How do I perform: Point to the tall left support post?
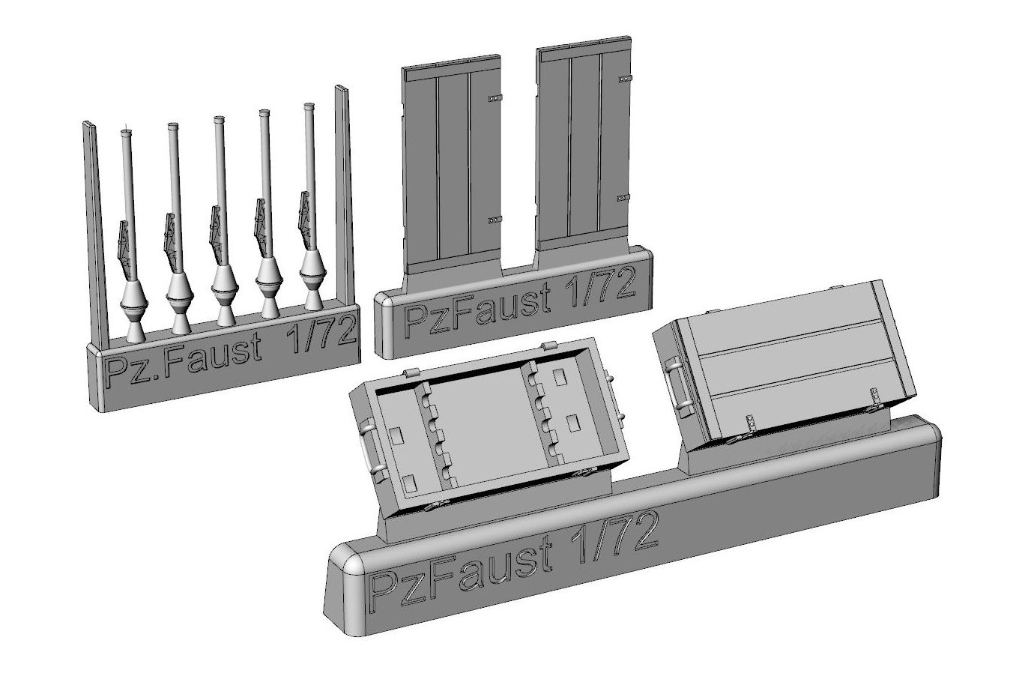[x=94, y=234]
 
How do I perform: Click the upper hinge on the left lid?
[x=495, y=97]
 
